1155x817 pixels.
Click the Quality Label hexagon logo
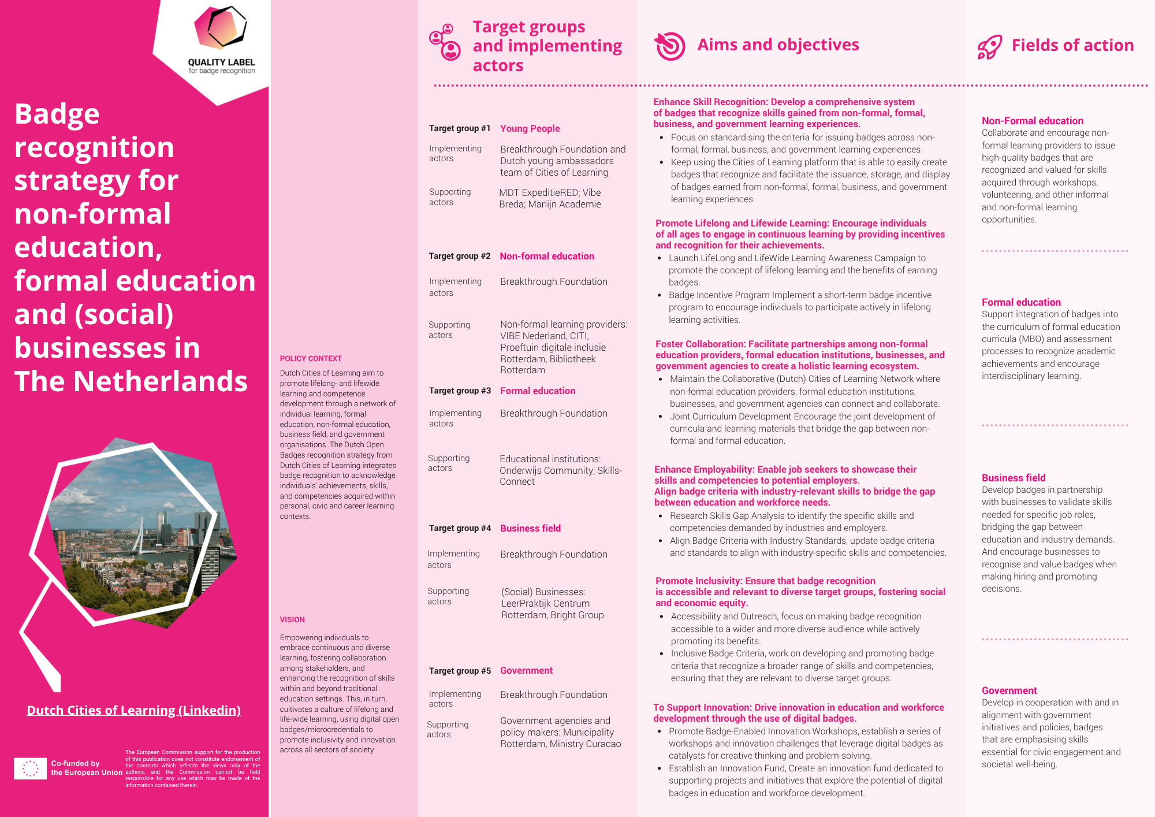220,28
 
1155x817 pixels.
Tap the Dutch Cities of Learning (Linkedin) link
134,710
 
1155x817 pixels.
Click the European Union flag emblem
30,768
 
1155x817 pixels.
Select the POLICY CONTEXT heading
311,358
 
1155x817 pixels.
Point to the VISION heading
292,619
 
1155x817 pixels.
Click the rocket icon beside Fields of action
989,46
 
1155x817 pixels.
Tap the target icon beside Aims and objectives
670,46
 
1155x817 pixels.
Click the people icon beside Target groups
445,42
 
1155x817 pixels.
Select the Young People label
530,128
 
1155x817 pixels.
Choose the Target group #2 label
459,256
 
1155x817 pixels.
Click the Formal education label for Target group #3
538,391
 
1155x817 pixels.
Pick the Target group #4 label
460,528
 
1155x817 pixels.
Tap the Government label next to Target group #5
526,670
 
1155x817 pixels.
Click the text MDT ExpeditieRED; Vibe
550,192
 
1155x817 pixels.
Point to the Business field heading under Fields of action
1014,478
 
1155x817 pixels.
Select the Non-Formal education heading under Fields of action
1033,121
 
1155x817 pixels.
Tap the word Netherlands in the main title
161,381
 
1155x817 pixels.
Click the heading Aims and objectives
778,44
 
